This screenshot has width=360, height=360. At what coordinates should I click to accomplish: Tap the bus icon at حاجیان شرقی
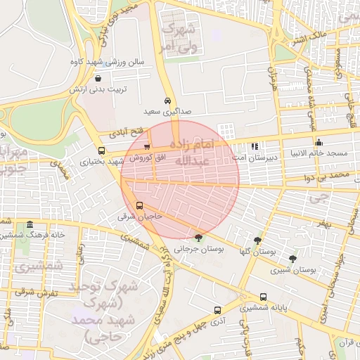tap(139, 206)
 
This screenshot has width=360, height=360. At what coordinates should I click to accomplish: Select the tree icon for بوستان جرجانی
tap(198, 238)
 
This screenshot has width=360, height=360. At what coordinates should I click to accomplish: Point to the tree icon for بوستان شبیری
tap(292, 259)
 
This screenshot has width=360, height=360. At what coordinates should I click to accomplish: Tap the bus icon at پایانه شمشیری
tap(264, 297)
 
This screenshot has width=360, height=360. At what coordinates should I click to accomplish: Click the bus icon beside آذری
tap(217, 309)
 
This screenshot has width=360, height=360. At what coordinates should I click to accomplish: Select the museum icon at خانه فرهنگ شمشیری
tap(30, 225)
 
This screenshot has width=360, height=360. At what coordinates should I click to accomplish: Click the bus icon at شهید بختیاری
tap(102, 150)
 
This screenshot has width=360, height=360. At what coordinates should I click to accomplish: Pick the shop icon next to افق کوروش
tap(146, 147)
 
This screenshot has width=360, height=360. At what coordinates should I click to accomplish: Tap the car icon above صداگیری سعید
tap(167, 101)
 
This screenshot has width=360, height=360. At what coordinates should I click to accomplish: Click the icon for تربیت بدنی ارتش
tap(97, 79)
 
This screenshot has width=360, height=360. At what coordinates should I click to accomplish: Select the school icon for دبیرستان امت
tap(254, 147)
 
